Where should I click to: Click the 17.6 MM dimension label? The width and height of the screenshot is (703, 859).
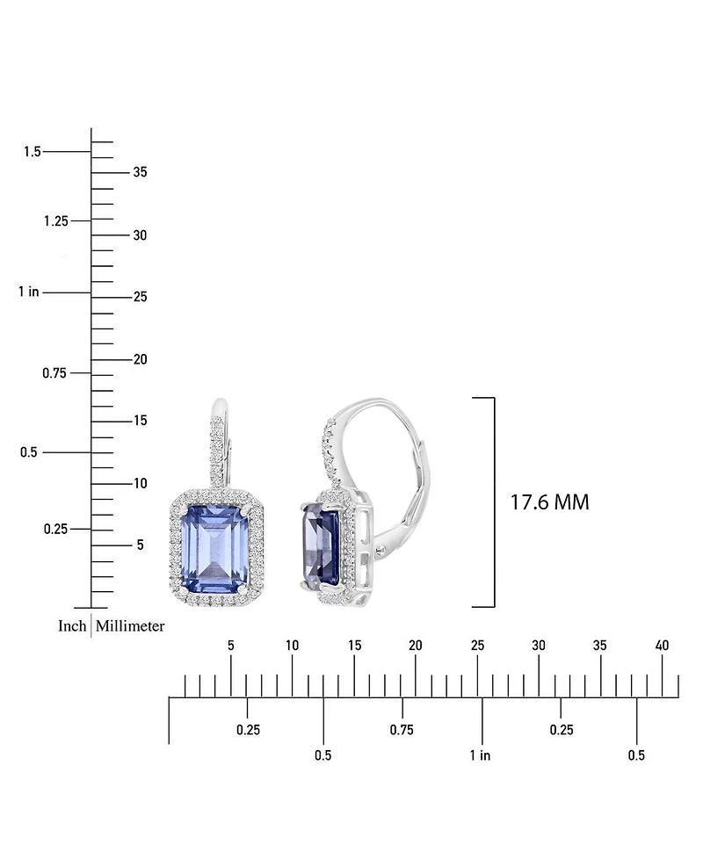click(x=549, y=502)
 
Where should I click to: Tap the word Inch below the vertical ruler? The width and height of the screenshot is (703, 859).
click(x=72, y=626)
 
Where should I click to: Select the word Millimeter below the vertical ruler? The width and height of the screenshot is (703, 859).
click(x=130, y=626)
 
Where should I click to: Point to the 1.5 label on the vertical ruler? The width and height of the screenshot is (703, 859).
click(x=33, y=152)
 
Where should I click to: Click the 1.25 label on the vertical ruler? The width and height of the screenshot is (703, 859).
click(x=56, y=220)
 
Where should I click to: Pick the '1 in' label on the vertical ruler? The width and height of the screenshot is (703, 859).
click(x=28, y=292)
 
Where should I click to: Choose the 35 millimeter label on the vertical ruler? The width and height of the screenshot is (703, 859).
click(x=140, y=172)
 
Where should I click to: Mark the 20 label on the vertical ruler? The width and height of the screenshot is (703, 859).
click(x=140, y=359)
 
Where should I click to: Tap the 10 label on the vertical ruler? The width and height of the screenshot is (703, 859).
click(x=140, y=483)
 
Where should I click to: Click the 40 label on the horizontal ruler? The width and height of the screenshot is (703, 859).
click(x=662, y=646)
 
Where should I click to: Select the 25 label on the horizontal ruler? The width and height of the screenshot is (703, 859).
click(x=477, y=646)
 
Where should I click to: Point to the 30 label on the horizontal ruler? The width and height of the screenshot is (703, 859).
click(x=539, y=646)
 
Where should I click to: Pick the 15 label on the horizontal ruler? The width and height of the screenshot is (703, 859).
click(x=354, y=646)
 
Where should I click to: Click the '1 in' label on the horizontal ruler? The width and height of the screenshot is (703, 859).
click(x=480, y=755)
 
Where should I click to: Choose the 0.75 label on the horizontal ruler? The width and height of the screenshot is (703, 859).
click(x=402, y=730)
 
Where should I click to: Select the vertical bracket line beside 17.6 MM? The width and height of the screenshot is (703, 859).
click(x=494, y=502)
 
